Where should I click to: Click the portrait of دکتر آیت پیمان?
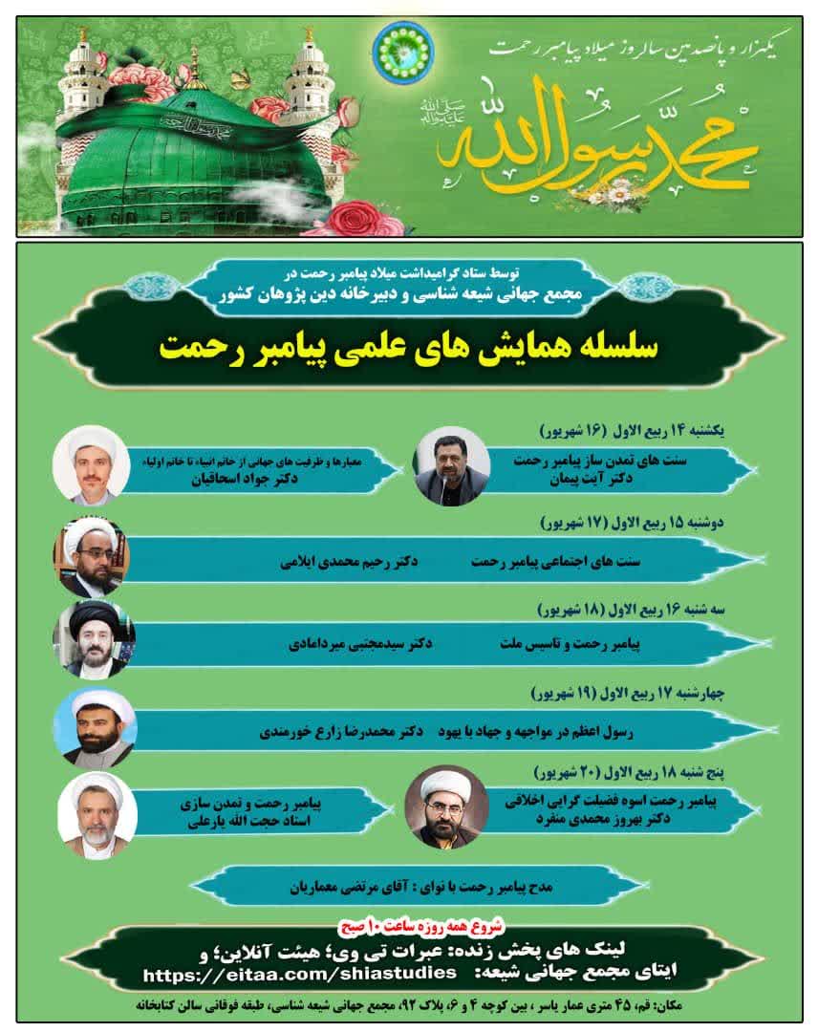click(x=452, y=465)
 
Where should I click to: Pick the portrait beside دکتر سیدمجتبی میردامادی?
click(x=95, y=639)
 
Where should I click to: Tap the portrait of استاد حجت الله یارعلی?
click(x=97, y=815)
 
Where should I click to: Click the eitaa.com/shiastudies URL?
click(x=299, y=973)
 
